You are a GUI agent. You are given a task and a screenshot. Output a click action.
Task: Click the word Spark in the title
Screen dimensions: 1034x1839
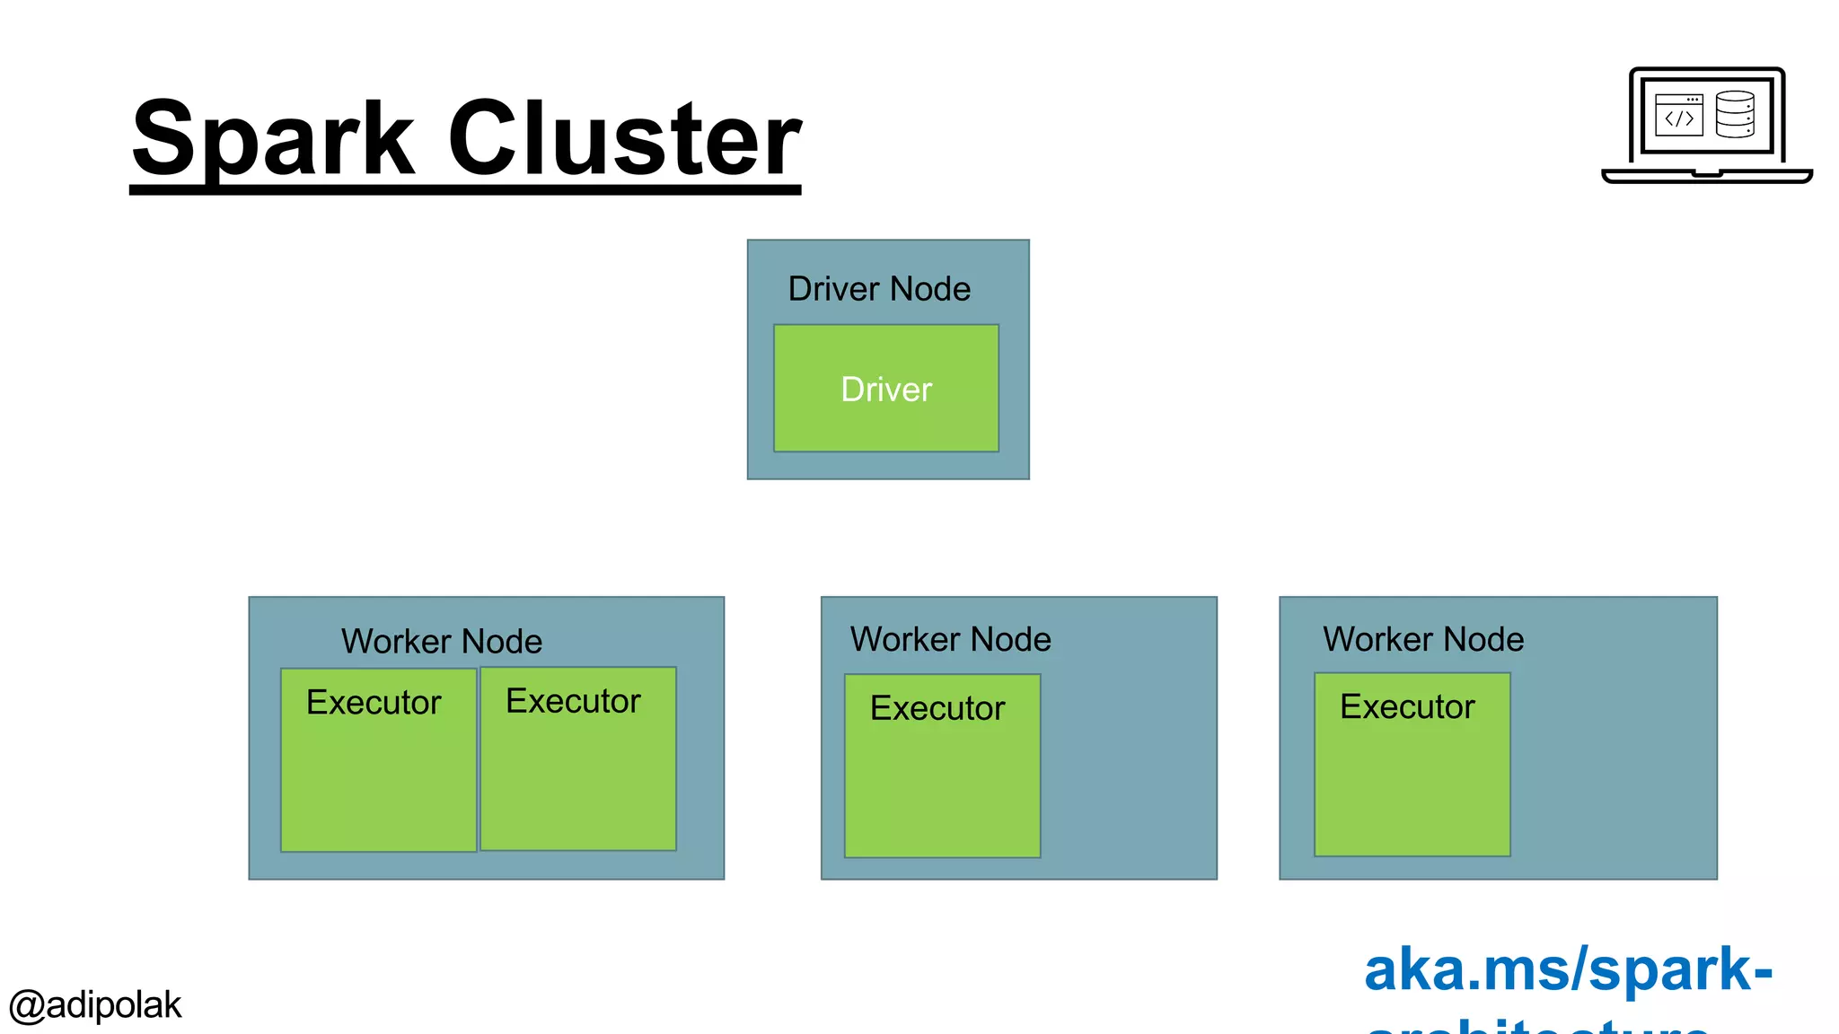tap(274, 139)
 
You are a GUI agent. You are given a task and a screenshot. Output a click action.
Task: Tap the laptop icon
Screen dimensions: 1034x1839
tap(1706, 126)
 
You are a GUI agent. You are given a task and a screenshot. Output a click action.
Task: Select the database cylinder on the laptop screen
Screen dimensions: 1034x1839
tap(1734, 114)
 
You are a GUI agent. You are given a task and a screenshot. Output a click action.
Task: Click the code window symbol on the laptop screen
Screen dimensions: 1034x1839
tap(1678, 115)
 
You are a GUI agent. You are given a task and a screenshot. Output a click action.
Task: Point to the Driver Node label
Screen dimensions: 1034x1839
tap(879, 289)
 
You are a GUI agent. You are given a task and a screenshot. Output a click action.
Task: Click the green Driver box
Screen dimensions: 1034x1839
tap(886, 422)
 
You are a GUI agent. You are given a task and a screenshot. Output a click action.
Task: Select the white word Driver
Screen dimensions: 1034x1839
tap(886, 390)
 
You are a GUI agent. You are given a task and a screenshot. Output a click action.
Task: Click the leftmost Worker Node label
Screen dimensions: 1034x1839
tap(442, 641)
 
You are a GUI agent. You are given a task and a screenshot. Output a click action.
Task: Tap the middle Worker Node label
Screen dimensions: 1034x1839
tap(951, 639)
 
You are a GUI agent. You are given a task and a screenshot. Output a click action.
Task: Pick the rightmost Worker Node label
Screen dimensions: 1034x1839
tap(1423, 639)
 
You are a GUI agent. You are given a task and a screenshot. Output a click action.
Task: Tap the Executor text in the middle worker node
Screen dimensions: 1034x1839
tap(937, 708)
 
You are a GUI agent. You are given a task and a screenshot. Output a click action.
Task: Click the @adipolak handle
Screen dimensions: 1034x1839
tap(95, 1005)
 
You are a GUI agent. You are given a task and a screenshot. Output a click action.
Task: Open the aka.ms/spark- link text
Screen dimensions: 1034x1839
tap(1567, 969)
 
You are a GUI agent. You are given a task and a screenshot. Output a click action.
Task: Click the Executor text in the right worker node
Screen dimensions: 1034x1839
tap(1407, 706)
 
